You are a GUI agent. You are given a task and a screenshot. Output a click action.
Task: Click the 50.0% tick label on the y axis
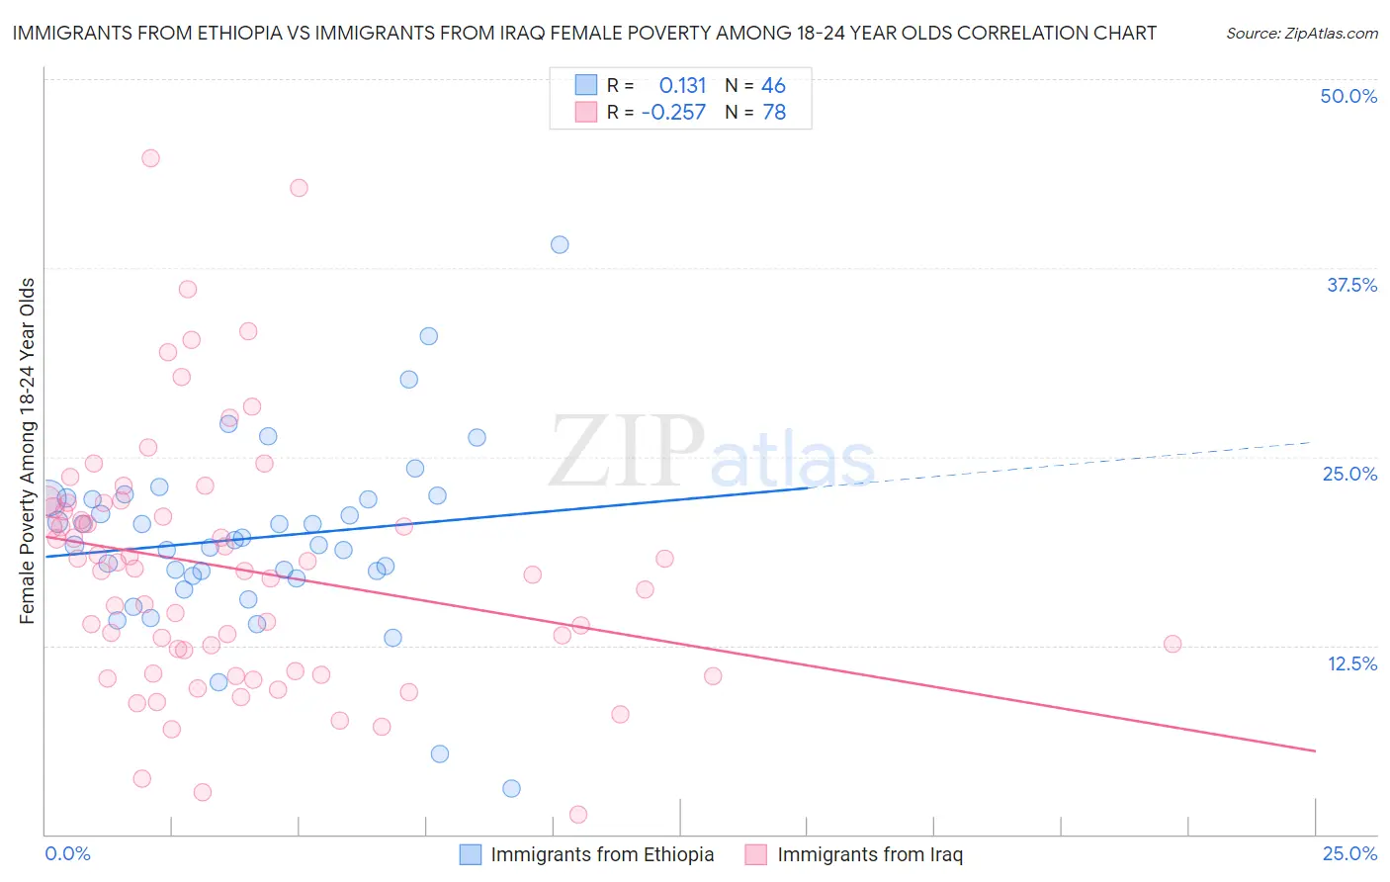pyautogui.click(x=1348, y=96)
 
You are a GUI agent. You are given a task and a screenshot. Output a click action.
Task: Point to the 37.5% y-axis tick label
pyautogui.click(x=1351, y=285)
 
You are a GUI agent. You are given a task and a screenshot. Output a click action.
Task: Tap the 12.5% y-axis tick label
pyautogui.click(x=1351, y=663)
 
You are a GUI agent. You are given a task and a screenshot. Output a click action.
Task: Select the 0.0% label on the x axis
pyautogui.click(x=67, y=853)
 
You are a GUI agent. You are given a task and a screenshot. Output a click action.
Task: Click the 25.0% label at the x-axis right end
pyautogui.click(x=1349, y=853)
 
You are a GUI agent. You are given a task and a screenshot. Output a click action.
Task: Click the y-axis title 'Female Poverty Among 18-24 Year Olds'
pyautogui.click(x=28, y=451)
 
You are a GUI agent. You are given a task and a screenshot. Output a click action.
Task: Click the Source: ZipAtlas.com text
pyautogui.click(x=1301, y=33)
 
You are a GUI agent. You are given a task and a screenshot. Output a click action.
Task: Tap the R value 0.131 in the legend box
pyautogui.click(x=682, y=85)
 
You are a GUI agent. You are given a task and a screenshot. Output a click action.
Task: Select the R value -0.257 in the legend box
pyautogui.click(x=673, y=113)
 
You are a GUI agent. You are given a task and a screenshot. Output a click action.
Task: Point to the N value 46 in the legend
pyautogui.click(x=773, y=85)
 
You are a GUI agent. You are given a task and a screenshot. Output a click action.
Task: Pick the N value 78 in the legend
pyautogui.click(x=773, y=113)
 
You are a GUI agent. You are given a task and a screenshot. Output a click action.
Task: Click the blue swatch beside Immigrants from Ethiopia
pyautogui.click(x=471, y=854)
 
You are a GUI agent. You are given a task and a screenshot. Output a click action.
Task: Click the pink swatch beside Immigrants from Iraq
pyautogui.click(x=756, y=854)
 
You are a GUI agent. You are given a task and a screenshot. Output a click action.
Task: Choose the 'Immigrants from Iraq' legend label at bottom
pyautogui.click(x=870, y=854)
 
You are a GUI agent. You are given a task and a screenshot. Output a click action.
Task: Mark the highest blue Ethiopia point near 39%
pyautogui.click(x=560, y=244)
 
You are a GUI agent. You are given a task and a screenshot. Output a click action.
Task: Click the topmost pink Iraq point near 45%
pyautogui.click(x=150, y=158)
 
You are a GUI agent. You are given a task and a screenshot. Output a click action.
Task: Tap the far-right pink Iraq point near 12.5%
pyautogui.click(x=1173, y=644)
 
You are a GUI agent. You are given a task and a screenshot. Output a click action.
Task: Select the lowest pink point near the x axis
pyautogui.click(x=578, y=815)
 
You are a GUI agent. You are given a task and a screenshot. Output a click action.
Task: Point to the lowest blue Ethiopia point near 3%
pyautogui.click(x=511, y=788)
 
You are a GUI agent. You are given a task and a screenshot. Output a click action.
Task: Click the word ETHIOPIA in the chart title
pyautogui.click(x=226, y=33)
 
